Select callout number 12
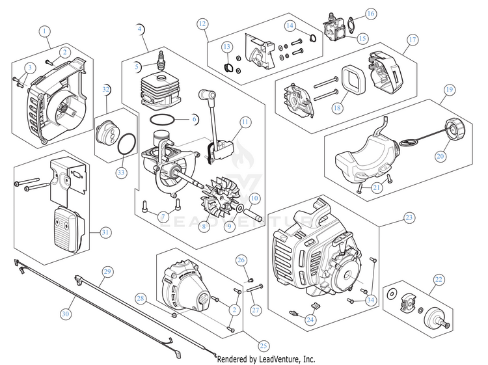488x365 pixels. click(202, 23)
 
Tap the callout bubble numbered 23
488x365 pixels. click(409, 217)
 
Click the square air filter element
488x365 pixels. click(352, 81)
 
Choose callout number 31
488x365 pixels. click(105, 232)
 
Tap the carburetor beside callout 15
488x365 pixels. click(335, 27)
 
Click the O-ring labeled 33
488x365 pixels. click(127, 143)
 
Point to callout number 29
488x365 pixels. click(107, 272)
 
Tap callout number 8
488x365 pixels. click(204, 226)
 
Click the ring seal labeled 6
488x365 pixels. click(162, 119)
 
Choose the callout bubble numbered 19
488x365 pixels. click(449, 90)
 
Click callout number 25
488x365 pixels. click(264, 345)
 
